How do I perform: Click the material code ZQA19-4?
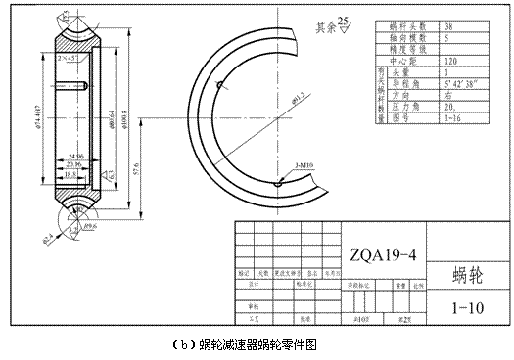tap(383, 256)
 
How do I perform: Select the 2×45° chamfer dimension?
tap(69, 60)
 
